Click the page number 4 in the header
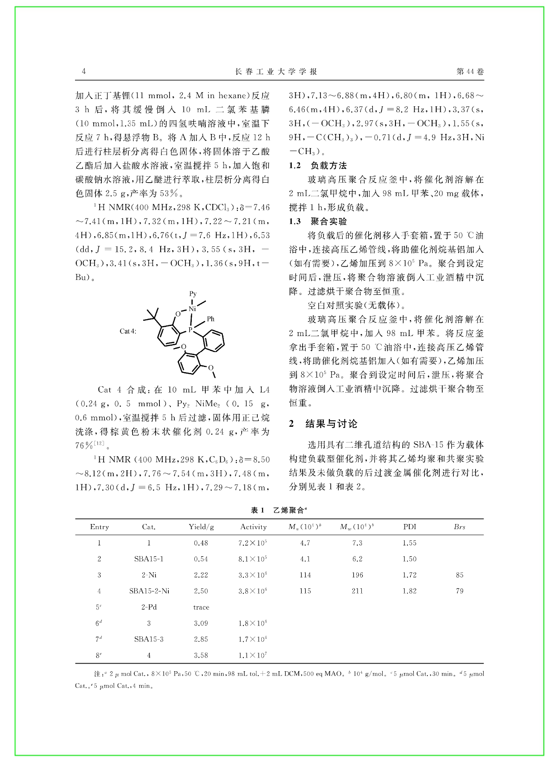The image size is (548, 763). (x=84, y=72)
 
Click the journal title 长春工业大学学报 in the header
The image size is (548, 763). (x=276, y=72)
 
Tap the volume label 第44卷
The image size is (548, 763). (x=470, y=72)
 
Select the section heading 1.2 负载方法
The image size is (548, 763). (x=318, y=166)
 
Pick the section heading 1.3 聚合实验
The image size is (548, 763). (x=318, y=221)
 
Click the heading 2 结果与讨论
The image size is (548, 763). (x=323, y=424)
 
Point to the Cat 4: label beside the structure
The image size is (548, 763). (x=128, y=331)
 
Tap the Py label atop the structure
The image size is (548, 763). (x=193, y=294)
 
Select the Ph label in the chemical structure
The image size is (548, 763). (x=211, y=319)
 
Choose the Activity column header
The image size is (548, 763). (x=253, y=527)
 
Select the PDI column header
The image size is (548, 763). (x=410, y=527)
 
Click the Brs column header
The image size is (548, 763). (x=459, y=527)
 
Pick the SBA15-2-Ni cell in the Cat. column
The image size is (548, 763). (x=149, y=591)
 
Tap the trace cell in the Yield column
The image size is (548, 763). (x=201, y=607)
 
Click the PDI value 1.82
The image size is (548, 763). (x=410, y=591)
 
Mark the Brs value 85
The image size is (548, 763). (x=459, y=575)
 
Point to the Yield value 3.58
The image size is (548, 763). (x=201, y=655)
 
